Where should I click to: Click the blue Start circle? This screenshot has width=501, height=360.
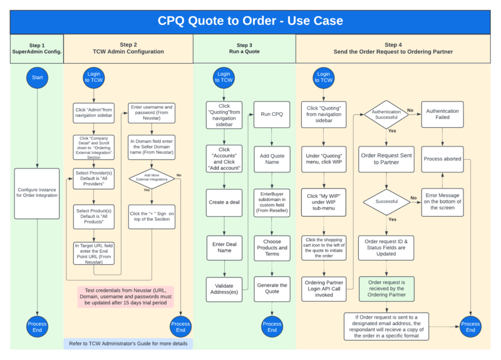(x=37, y=77)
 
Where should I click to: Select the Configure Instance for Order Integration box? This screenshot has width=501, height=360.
(x=37, y=193)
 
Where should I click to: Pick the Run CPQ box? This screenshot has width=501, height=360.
(x=271, y=114)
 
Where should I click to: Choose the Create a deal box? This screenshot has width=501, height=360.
(x=224, y=203)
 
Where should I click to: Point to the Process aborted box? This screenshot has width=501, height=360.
(x=442, y=158)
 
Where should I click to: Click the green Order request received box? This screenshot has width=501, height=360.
(x=386, y=287)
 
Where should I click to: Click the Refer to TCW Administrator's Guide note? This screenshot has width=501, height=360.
(x=128, y=344)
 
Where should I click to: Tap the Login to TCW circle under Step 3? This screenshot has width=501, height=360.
(x=224, y=77)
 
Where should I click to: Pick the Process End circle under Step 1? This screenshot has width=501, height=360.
(x=37, y=327)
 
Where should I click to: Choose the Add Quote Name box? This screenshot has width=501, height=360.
(x=271, y=159)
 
